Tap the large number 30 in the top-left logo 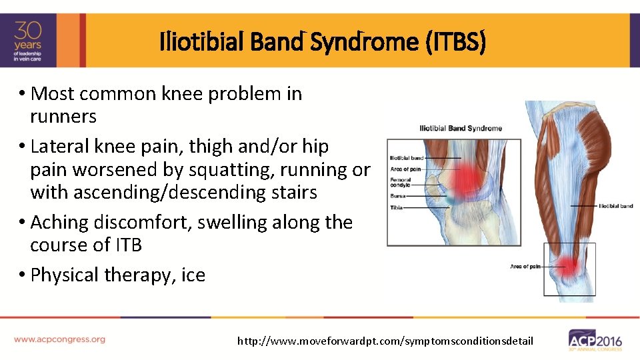(29, 31)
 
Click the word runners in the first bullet (63, 117)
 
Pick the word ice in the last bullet (193, 275)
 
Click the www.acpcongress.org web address (60, 339)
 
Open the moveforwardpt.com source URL (385, 341)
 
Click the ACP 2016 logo (595, 340)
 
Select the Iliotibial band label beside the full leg (615, 206)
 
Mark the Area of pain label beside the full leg (525, 266)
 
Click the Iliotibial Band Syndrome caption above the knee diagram (460, 128)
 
